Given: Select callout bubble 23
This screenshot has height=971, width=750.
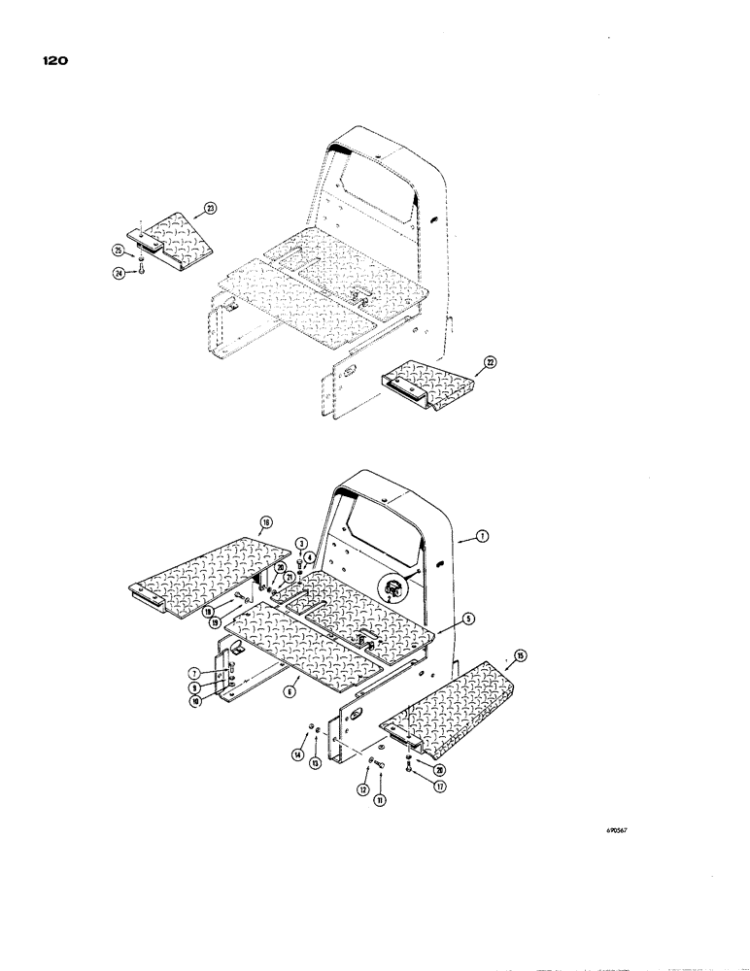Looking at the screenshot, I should coord(211,208).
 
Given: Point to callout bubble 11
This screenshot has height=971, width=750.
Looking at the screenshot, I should coord(378,798).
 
